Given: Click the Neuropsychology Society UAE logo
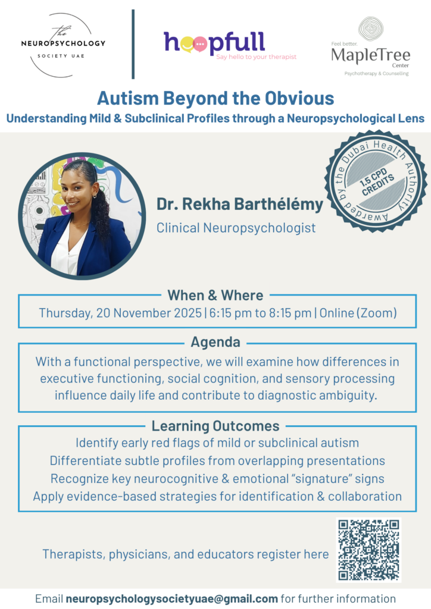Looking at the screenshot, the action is [x=63, y=45].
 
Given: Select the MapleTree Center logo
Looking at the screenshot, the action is [x=370, y=46].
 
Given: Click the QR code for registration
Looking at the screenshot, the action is [x=368, y=550].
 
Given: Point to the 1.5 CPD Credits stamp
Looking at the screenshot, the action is [x=376, y=181].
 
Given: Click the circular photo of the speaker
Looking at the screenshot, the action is [x=82, y=216].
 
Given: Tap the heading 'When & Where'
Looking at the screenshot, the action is [x=215, y=296].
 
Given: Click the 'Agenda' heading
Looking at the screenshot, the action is [x=215, y=342].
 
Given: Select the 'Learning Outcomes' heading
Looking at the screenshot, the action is [x=215, y=426].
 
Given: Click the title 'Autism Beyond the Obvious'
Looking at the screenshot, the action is [x=215, y=98].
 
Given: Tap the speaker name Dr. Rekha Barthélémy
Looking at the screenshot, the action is [x=240, y=205].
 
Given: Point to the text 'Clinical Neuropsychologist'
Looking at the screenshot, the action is [x=236, y=228].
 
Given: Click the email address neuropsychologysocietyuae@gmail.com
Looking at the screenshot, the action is [x=172, y=599].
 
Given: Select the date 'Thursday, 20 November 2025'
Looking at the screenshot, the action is [x=120, y=313].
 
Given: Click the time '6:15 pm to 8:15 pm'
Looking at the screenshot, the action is [x=260, y=313].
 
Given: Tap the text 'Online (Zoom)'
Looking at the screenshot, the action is [x=358, y=313].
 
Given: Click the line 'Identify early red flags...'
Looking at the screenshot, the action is [x=217, y=442].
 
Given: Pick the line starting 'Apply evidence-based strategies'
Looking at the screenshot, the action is [x=217, y=497].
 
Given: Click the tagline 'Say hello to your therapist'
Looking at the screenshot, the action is [x=256, y=56].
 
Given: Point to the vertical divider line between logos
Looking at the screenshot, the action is [x=133, y=44].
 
